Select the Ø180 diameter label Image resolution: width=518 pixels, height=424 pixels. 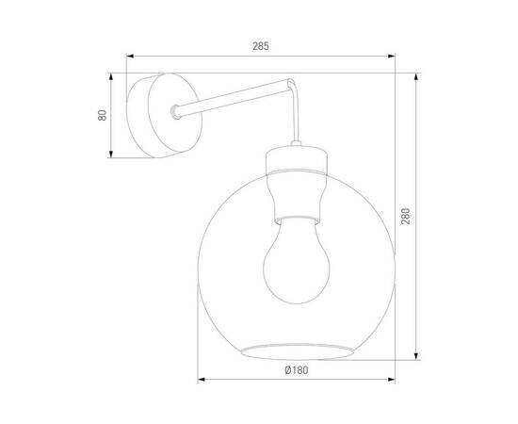coord(295,368)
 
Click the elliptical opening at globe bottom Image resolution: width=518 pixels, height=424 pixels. coord(294,351)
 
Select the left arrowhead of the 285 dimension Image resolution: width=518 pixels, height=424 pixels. coord(133,56)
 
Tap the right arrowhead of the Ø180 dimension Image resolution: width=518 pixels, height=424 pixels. coord(390,382)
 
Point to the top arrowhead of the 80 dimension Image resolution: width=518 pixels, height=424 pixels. coord(112,78)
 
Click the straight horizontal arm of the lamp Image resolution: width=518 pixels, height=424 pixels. coord(235,100)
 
